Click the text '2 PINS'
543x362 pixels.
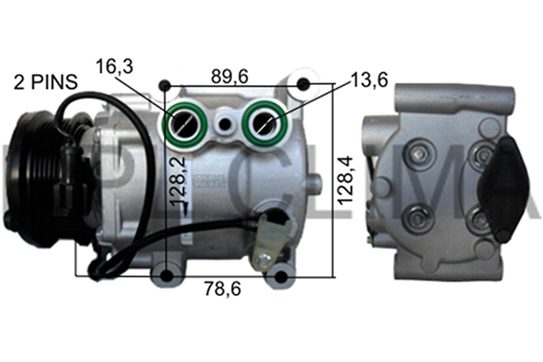(x=44, y=82)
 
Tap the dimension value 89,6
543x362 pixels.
(x=230, y=78)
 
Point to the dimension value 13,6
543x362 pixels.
(x=371, y=80)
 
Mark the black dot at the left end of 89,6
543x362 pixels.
(x=164, y=86)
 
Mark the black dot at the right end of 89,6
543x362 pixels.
(x=303, y=86)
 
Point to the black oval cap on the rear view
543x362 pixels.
(x=500, y=186)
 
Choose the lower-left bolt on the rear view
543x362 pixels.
(x=417, y=217)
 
